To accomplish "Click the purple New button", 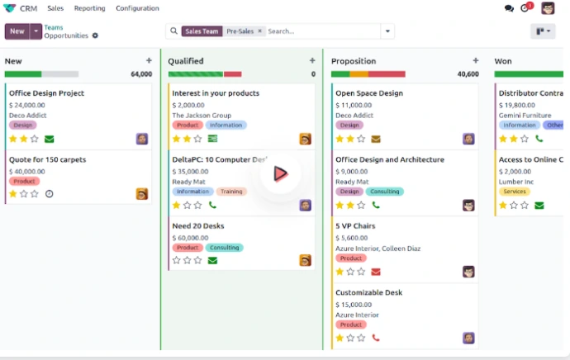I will pyautogui.click(x=17, y=31).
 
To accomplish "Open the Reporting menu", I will pyautogui.click(x=89, y=8).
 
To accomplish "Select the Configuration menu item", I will pyautogui.click(x=137, y=8).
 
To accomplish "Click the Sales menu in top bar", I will pyautogui.click(x=55, y=8).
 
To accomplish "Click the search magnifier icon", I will pyautogui.click(x=173, y=31).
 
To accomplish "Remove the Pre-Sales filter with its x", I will pyautogui.click(x=259, y=31).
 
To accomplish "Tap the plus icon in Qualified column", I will pyautogui.click(x=312, y=60).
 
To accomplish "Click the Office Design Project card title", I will pyautogui.click(x=46, y=93).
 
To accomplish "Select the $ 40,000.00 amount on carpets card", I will pyautogui.click(x=27, y=171).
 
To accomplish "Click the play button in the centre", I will pyautogui.click(x=280, y=173).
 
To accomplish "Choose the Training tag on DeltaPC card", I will pyautogui.click(x=231, y=192).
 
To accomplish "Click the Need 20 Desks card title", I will pyautogui.click(x=198, y=225).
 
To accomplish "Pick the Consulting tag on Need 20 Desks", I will pyautogui.click(x=225, y=247).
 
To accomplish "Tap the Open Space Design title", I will pyautogui.click(x=369, y=93).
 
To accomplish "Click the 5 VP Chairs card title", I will pyautogui.click(x=355, y=225).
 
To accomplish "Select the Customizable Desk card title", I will pyautogui.click(x=368, y=292).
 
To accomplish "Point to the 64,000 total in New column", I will pyautogui.click(x=141, y=74).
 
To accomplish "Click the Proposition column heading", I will pyautogui.click(x=354, y=61).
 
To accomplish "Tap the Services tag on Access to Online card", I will pyautogui.click(x=514, y=192).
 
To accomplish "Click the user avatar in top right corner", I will pyautogui.click(x=548, y=8).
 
